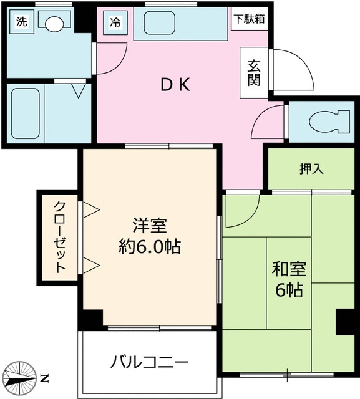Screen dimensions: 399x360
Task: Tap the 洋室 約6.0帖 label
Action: (150, 236)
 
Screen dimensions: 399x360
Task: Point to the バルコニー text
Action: (149, 362)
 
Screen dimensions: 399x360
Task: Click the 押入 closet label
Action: (311, 168)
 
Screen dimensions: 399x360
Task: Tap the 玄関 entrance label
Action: (254, 74)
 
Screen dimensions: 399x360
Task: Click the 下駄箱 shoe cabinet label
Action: (250, 19)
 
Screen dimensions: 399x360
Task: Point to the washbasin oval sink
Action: (55, 24)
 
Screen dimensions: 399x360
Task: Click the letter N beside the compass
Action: (44, 378)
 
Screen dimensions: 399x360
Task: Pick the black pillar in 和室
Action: (344, 322)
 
